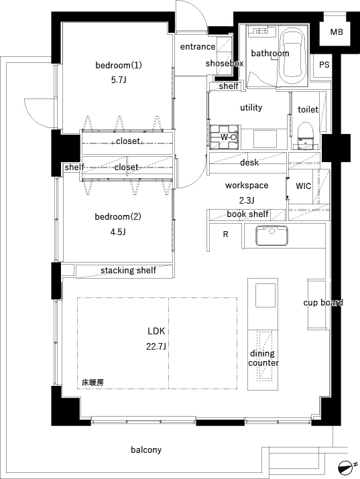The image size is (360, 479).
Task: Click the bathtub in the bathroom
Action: tap(293, 56)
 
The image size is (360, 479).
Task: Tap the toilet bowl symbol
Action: tap(306, 135)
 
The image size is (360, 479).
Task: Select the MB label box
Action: tap(336, 31)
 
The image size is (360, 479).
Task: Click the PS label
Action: tap(324, 65)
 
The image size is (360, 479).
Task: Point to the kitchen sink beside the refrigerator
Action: tap(272, 236)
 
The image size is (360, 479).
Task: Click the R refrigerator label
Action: tap(225, 234)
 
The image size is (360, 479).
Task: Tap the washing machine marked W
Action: tap(225, 137)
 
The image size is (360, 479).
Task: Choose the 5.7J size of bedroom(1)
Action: tap(119, 80)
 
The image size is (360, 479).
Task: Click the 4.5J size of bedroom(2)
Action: tap(118, 232)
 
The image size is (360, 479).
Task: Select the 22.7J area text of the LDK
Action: tap(156, 347)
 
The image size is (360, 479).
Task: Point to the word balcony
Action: tap(146, 450)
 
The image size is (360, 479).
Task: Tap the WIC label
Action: tap(304, 186)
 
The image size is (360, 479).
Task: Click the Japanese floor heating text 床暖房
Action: tap(93, 382)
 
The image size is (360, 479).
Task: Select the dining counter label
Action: tap(263, 358)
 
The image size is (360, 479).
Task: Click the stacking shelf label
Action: tap(128, 271)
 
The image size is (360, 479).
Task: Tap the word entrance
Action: tap(198, 47)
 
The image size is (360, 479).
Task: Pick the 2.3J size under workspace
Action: tap(247, 200)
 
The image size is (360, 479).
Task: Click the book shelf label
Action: tap(248, 214)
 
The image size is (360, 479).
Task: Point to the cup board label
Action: tap(323, 302)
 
